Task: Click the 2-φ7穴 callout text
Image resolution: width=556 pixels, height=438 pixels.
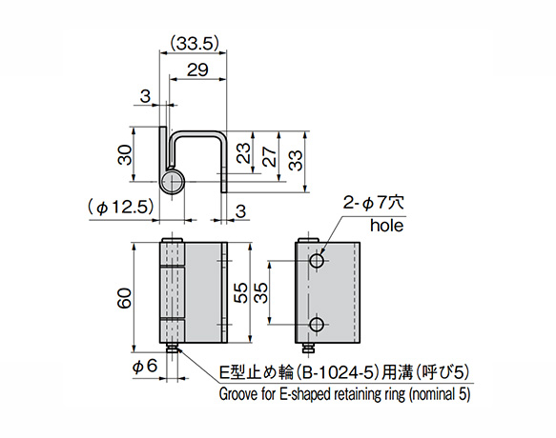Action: point(379,203)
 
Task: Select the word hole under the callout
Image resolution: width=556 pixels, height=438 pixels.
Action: point(387,227)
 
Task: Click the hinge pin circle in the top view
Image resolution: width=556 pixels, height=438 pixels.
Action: point(172,182)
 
